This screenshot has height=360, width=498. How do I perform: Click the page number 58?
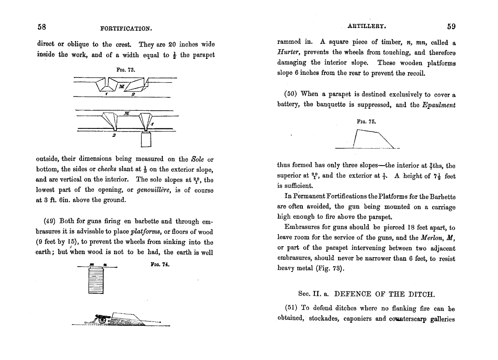[42, 27]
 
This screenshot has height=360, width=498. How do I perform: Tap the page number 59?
[451, 26]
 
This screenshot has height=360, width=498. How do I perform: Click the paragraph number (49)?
[50, 221]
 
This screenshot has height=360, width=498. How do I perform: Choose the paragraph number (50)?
[290, 94]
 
